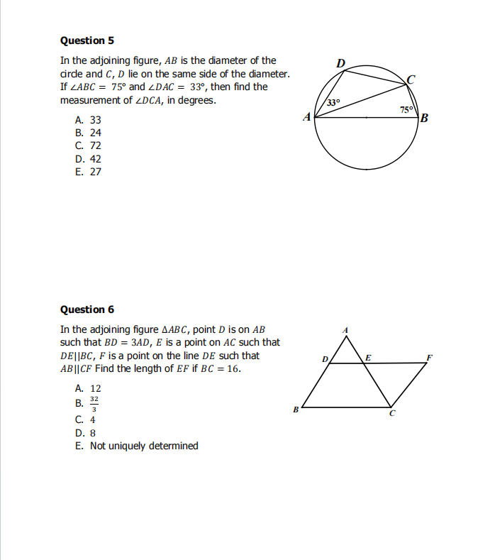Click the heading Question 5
click(87, 40)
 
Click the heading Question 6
click(87, 309)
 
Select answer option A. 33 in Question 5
click(88, 121)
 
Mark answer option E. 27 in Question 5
click(88, 172)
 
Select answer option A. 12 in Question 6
click(88, 389)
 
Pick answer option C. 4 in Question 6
click(85, 419)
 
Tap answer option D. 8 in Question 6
click(85, 432)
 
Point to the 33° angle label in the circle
click(333, 104)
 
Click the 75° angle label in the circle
click(406, 110)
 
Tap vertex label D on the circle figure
click(340, 64)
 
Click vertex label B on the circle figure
click(424, 118)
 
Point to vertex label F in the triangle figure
click(429, 356)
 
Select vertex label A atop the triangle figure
click(345, 330)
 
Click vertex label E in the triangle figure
click(367, 356)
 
